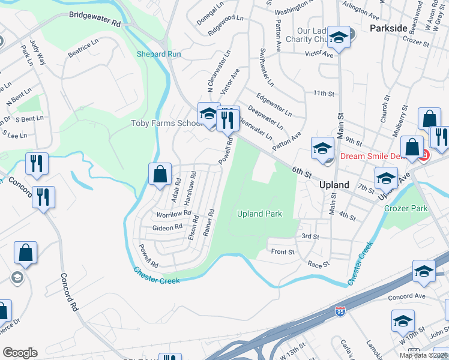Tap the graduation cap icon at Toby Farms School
coord(208,113)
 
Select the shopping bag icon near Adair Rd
coord(160,175)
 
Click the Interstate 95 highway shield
coord(339,311)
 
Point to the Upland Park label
coord(259,214)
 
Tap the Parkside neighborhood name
coord(388,28)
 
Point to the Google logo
coord(20,352)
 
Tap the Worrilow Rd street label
coord(173,214)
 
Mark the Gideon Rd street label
coord(167,227)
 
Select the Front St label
coord(283,252)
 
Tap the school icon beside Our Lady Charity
coord(339,37)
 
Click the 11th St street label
coord(323,94)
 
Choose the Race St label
coord(318,264)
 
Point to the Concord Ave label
coord(406,296)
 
